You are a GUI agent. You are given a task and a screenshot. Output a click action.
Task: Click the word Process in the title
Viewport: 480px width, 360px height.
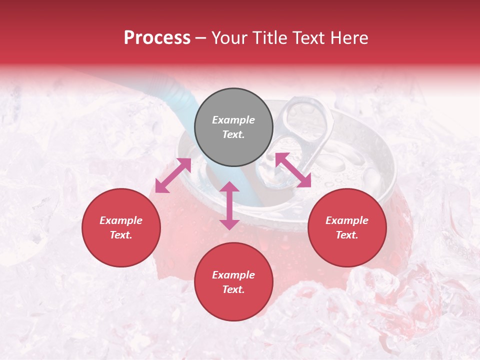[x=157, y=38]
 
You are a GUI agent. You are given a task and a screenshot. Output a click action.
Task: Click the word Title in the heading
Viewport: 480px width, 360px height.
[x=270, y=38]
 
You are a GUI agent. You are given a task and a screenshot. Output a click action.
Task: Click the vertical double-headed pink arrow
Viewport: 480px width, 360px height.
[x=229, y=205]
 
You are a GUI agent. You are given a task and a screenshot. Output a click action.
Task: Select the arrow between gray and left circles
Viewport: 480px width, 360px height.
[x=173, y=175]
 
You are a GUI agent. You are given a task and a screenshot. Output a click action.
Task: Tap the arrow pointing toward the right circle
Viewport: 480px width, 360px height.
[x=293, y=170]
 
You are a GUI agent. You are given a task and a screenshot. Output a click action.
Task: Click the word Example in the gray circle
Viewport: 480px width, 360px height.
[x=233, y=120]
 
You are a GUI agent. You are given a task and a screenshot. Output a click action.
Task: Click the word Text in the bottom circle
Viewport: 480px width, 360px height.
[x=233, y=289]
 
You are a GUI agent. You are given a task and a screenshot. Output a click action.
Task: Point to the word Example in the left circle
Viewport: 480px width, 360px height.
[x=121, y=220]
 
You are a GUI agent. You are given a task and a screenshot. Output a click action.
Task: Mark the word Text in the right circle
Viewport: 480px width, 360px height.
[x=347, y=235]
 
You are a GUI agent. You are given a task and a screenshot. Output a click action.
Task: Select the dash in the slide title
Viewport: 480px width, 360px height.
[x=201, y=38]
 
